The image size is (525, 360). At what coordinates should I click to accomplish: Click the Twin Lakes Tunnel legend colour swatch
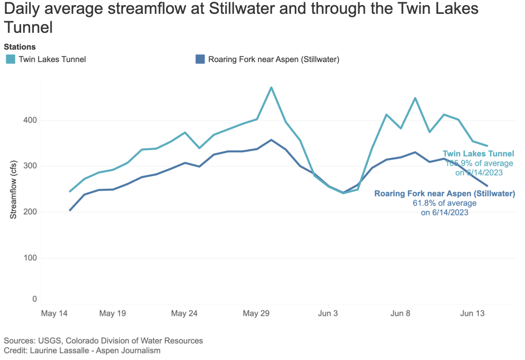[x=10, y=59]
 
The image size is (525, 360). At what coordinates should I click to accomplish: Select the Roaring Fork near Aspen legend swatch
[x=200, y=59]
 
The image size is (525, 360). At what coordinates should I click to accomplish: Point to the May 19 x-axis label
[x=113, y=312]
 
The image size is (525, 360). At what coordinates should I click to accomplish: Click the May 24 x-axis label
[x=185, y=312]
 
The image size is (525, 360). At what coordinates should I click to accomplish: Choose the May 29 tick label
[x=256, y=312]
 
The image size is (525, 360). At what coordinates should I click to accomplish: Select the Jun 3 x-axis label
[x=328, y=312]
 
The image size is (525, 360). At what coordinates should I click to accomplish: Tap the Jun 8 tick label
[x=400, y=312]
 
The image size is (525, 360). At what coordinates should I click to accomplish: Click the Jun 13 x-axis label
[x=472, y=312]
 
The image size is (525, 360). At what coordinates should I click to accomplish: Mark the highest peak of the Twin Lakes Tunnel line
[x=271, y=88]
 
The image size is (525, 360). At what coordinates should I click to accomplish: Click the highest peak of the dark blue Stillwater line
[x=271, y=139]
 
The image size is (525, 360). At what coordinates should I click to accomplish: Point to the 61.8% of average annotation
[x=445, y=203]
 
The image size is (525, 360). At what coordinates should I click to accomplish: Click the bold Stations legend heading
[x=19, y=47]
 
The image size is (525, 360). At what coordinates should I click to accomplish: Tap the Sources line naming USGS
[x=103, y=341]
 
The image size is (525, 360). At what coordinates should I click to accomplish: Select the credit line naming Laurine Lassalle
[x=82, y=350]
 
